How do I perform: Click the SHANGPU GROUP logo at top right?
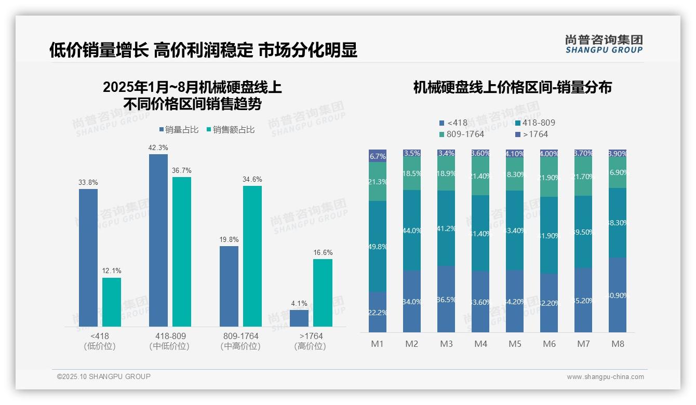(x=604, y=44)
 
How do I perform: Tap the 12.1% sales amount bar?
(x=112, y=302)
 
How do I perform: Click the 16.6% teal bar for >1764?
(x=323, y=292)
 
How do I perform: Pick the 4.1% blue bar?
(x=299, y=318)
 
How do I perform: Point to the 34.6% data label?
(x=252, y=179)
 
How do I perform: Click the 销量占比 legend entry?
(x=179, y=130)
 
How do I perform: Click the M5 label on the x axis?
(x=515, y=344)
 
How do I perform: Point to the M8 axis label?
(x=618, y=344)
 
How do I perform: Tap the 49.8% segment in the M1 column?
(x=378, y=246)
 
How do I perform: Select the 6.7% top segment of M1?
(x=378, y=156)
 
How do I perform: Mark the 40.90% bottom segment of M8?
(x=618, y=295)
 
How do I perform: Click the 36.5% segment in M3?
(x=446, y=299)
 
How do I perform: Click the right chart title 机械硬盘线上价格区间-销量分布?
(x=512, y=87)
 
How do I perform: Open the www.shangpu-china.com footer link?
(x=605, y=377)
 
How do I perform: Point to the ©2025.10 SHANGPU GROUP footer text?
(x=104, y=376)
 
